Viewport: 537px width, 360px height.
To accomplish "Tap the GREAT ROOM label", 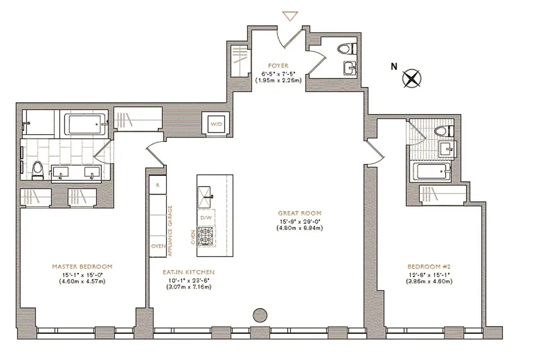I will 300,213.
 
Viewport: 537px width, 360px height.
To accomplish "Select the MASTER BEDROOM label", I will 81,266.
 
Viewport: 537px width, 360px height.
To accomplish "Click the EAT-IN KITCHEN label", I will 188,272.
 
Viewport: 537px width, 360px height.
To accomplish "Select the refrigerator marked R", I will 158,185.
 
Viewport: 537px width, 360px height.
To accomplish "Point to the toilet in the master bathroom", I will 39,170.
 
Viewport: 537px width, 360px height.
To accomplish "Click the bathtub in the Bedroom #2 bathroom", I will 430,172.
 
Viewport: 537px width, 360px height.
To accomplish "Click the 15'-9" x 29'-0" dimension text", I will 300,220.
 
